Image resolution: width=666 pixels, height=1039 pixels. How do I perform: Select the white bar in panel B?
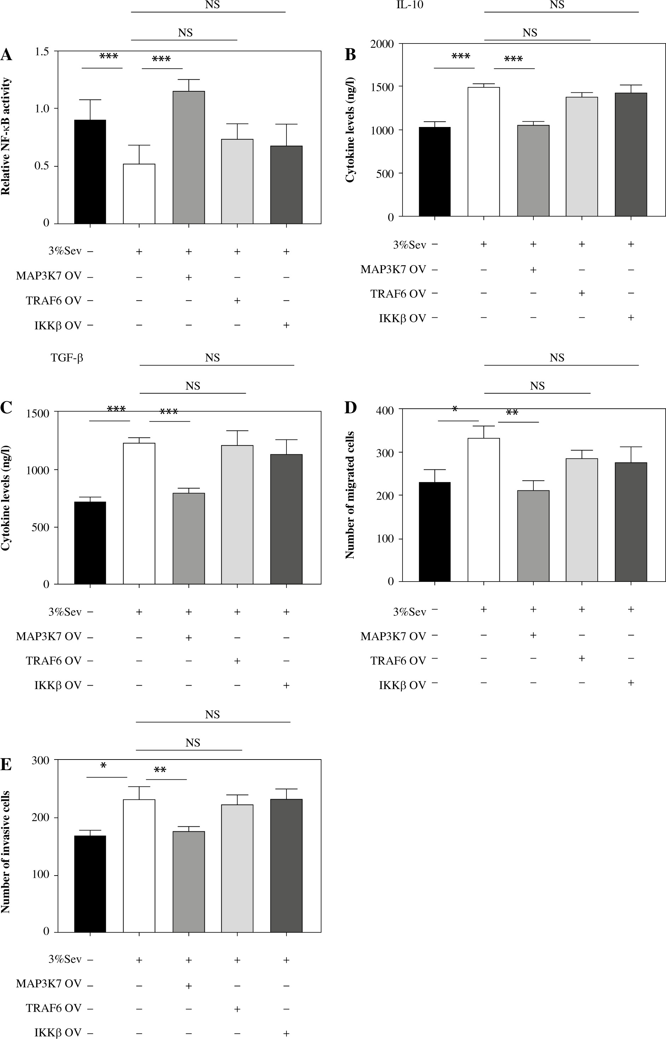(483, 151)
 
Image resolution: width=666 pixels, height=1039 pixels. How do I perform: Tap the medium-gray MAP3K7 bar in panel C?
(189, 538)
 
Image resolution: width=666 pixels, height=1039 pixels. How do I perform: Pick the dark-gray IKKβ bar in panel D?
(631, 522)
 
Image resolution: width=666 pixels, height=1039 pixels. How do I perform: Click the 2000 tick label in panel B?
(382, 44)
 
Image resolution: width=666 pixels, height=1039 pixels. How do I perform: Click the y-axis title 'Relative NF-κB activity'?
(6, 136)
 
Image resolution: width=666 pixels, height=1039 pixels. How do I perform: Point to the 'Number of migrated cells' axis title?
(350, 495)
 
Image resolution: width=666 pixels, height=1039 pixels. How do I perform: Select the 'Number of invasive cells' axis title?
(6, 852)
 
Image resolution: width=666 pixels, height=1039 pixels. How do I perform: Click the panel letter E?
(6, 765)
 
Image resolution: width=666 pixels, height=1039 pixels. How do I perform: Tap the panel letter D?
(350, 408)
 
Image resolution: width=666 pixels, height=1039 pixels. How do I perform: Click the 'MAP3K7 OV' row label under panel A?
(48, 276)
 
